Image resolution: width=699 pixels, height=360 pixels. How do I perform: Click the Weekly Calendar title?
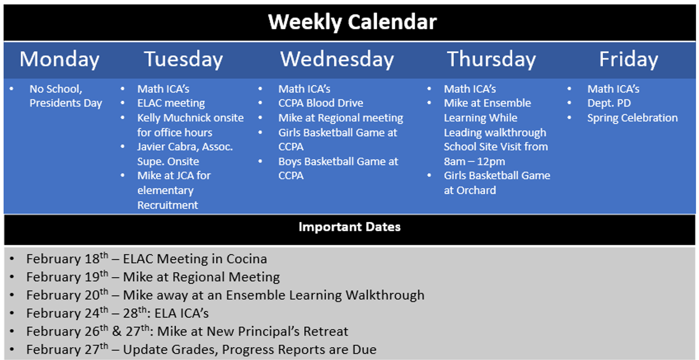point(352,22)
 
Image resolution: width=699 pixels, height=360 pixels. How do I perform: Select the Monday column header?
point(59,59)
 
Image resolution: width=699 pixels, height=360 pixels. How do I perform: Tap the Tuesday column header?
point(183,59)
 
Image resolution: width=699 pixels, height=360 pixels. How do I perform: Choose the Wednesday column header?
point(337,59)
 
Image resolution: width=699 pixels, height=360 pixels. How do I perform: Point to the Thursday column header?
point(491,59)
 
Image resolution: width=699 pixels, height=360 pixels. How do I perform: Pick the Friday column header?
point(629,59)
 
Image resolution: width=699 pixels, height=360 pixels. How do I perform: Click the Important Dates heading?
point(349,227)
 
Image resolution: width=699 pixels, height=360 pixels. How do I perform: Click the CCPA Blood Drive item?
point(321,103)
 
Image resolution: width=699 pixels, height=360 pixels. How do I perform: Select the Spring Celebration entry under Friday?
point(633,118)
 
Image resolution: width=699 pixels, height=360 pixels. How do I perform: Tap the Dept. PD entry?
point(609,103)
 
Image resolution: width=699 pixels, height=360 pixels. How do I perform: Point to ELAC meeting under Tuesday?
point(171,103)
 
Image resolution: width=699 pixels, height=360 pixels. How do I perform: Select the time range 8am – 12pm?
point(474,161)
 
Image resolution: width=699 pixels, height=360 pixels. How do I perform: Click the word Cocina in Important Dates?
point(246,259)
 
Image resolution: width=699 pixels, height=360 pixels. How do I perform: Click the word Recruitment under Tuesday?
point(168,205)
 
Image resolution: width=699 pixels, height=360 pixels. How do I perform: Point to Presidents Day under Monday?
point(65,103)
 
